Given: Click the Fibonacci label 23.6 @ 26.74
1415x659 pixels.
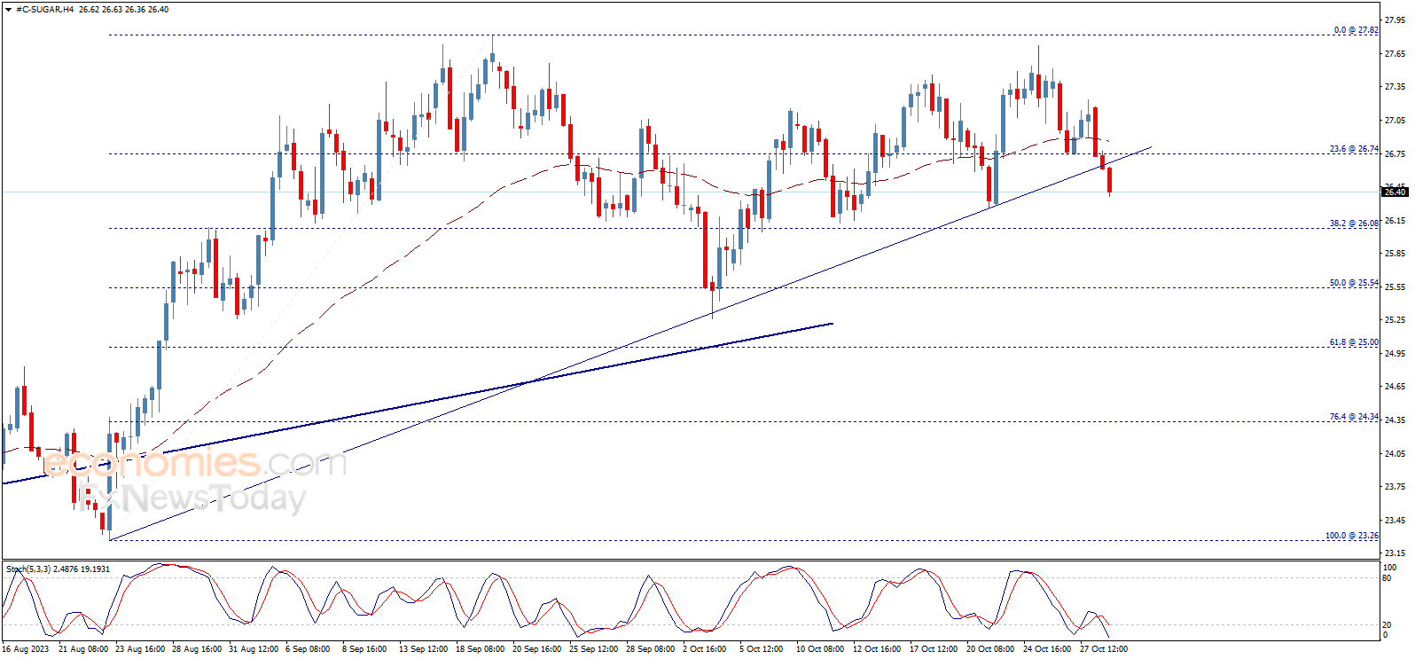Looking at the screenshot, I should pos(1353,149).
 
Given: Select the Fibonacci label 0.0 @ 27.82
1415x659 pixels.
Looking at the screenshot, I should pos(1356,30).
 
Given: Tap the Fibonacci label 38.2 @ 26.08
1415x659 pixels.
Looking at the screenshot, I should pos(1353,224).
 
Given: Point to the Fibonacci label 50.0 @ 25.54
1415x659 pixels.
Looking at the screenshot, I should pos(1353,283).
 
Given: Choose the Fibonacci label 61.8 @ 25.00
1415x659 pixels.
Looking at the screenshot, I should pos(1353,342).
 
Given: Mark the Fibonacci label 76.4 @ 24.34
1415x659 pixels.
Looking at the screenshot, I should pos(1353,417).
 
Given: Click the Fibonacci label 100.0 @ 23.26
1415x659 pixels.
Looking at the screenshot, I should pos(1351,536).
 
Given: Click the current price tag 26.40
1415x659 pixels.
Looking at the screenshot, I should pos(1395,192).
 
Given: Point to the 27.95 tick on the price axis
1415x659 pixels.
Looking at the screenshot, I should pos(1395,20).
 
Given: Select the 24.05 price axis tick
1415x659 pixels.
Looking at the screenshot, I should pos(1395,453).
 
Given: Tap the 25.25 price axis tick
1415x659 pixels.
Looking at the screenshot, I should pos(1395,320).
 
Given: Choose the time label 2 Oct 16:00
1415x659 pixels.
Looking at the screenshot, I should pos(704,649).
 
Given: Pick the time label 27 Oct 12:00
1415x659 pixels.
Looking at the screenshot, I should pos(1103,649).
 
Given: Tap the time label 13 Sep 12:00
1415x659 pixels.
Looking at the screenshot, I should pos(423,649).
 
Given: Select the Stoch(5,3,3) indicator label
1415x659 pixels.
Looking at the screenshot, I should pos(28,569).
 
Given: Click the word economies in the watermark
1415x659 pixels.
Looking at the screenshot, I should pos(151,463).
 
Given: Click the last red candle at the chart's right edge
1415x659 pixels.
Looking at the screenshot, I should pos(1109,180).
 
